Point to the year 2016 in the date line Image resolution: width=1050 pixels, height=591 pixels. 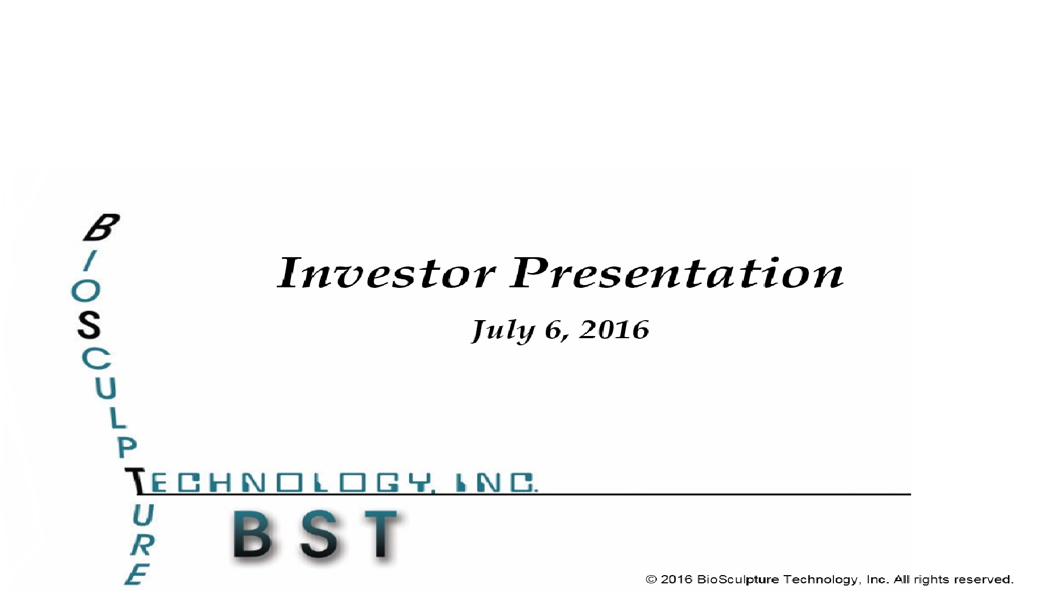(614, 329)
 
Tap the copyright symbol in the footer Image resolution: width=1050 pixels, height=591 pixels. (651, 580)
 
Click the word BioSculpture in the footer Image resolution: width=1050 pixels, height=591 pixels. (738, 580)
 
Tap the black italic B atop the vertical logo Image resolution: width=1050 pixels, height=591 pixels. (101, 228)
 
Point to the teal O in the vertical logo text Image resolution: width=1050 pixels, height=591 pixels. (86, 292)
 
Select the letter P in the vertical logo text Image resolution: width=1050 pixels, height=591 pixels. (127, 447)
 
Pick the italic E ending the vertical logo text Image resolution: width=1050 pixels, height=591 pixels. (136, 575)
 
